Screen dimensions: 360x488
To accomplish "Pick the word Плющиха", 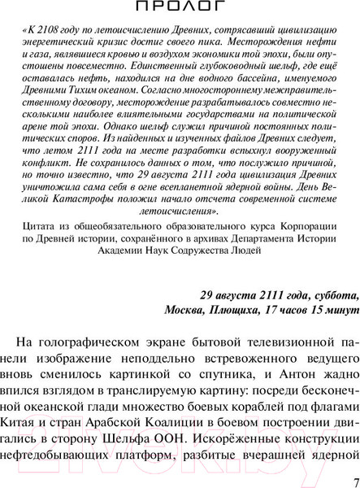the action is tap(241, 309).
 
